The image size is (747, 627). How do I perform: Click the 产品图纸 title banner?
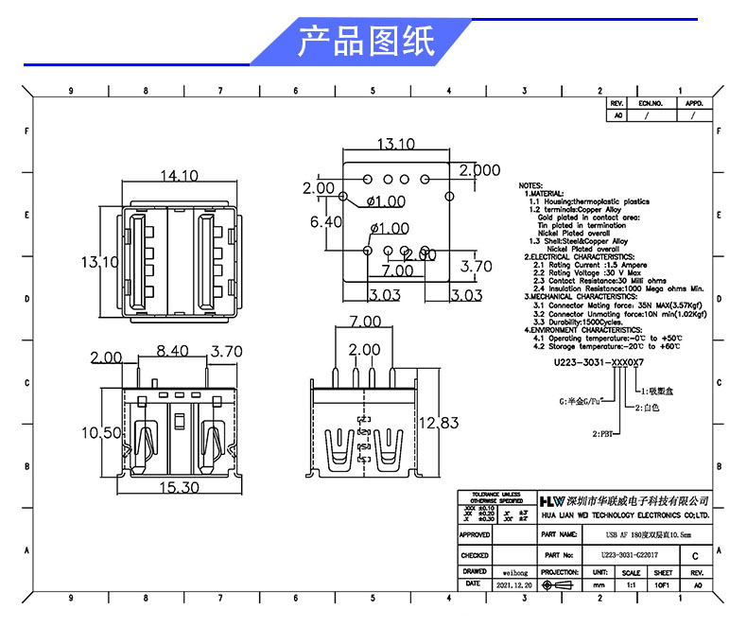(367, 42)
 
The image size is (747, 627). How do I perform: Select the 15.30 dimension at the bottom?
(178, 487)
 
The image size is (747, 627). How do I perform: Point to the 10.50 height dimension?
(101, 432)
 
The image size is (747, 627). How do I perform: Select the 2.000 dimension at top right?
(479, 170)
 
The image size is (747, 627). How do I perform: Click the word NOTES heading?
(530, 185)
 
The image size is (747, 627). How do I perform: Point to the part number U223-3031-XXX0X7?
(599, 362)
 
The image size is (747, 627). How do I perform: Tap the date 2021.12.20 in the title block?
(513, 586)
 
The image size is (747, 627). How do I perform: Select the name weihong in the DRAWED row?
(513, 572)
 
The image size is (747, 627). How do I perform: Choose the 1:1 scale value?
(631, 586)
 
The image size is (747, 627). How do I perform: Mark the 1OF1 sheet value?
(663, 586)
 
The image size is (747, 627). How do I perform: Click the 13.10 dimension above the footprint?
(396, 145)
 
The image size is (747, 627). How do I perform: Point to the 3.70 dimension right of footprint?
(475, 267)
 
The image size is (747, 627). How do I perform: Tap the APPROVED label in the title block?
(475, 534)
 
